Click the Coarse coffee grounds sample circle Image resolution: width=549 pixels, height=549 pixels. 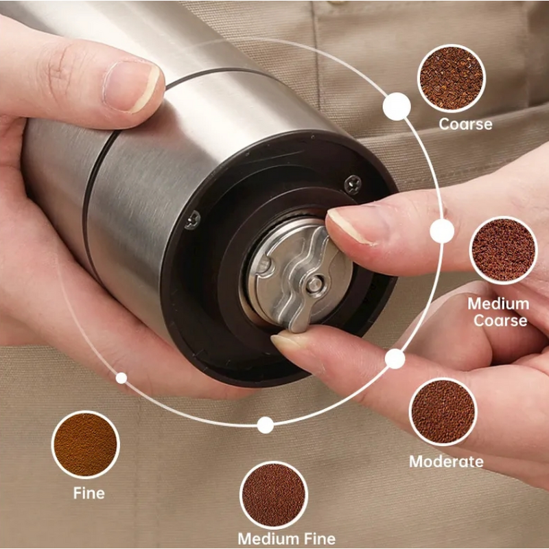coord(452,78)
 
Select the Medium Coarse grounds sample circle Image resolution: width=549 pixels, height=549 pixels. coord(503,250)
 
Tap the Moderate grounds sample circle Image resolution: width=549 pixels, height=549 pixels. coord(443,411)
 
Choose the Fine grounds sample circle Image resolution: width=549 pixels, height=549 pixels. coord(86,444)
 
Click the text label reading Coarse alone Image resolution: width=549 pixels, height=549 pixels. coord(465,124)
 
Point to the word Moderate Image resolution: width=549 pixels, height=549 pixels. coord(446,461)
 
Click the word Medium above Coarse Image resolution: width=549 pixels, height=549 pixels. coord(498,303)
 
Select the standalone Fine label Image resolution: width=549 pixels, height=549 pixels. coord(89,493)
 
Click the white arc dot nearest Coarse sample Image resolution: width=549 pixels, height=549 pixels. coord(397,106)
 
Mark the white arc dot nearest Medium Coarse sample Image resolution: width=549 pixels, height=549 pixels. coord(443,231)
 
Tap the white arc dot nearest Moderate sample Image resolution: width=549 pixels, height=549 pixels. coord(395,358)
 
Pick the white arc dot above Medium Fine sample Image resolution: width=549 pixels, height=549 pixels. coord(266,425)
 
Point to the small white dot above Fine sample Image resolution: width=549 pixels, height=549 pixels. coord(121,377)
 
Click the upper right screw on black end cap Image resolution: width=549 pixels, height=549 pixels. coord(353,183)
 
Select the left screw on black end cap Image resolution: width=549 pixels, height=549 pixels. coord(193,220)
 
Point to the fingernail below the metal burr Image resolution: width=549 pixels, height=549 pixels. coord(291,341)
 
